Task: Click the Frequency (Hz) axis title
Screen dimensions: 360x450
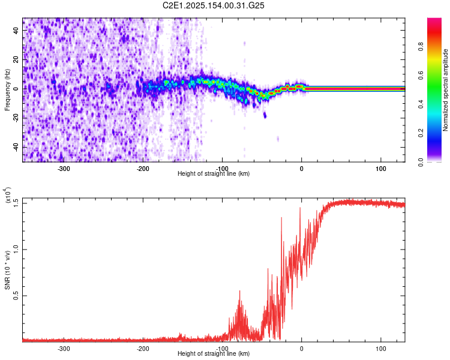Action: (x=7, y=90)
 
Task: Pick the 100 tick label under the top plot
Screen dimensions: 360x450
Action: (x=380, y=167)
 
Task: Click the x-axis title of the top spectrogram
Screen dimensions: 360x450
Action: (x=214, y=174)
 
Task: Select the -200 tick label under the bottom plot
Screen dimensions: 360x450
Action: (x=143, y=349)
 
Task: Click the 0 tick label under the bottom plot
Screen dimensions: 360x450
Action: (x=302, y=349)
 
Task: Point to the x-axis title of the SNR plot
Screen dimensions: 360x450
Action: (x=214, y=355)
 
